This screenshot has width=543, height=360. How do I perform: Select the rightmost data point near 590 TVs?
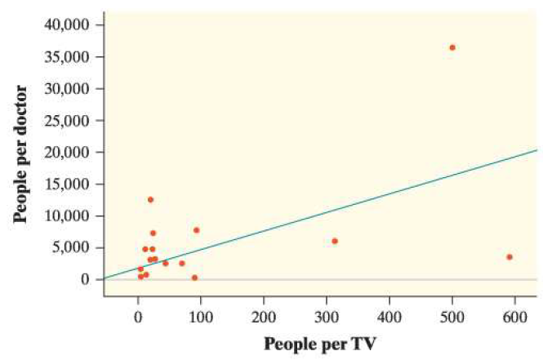(510, 257)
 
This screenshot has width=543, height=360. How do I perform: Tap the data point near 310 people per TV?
(335, 241)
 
